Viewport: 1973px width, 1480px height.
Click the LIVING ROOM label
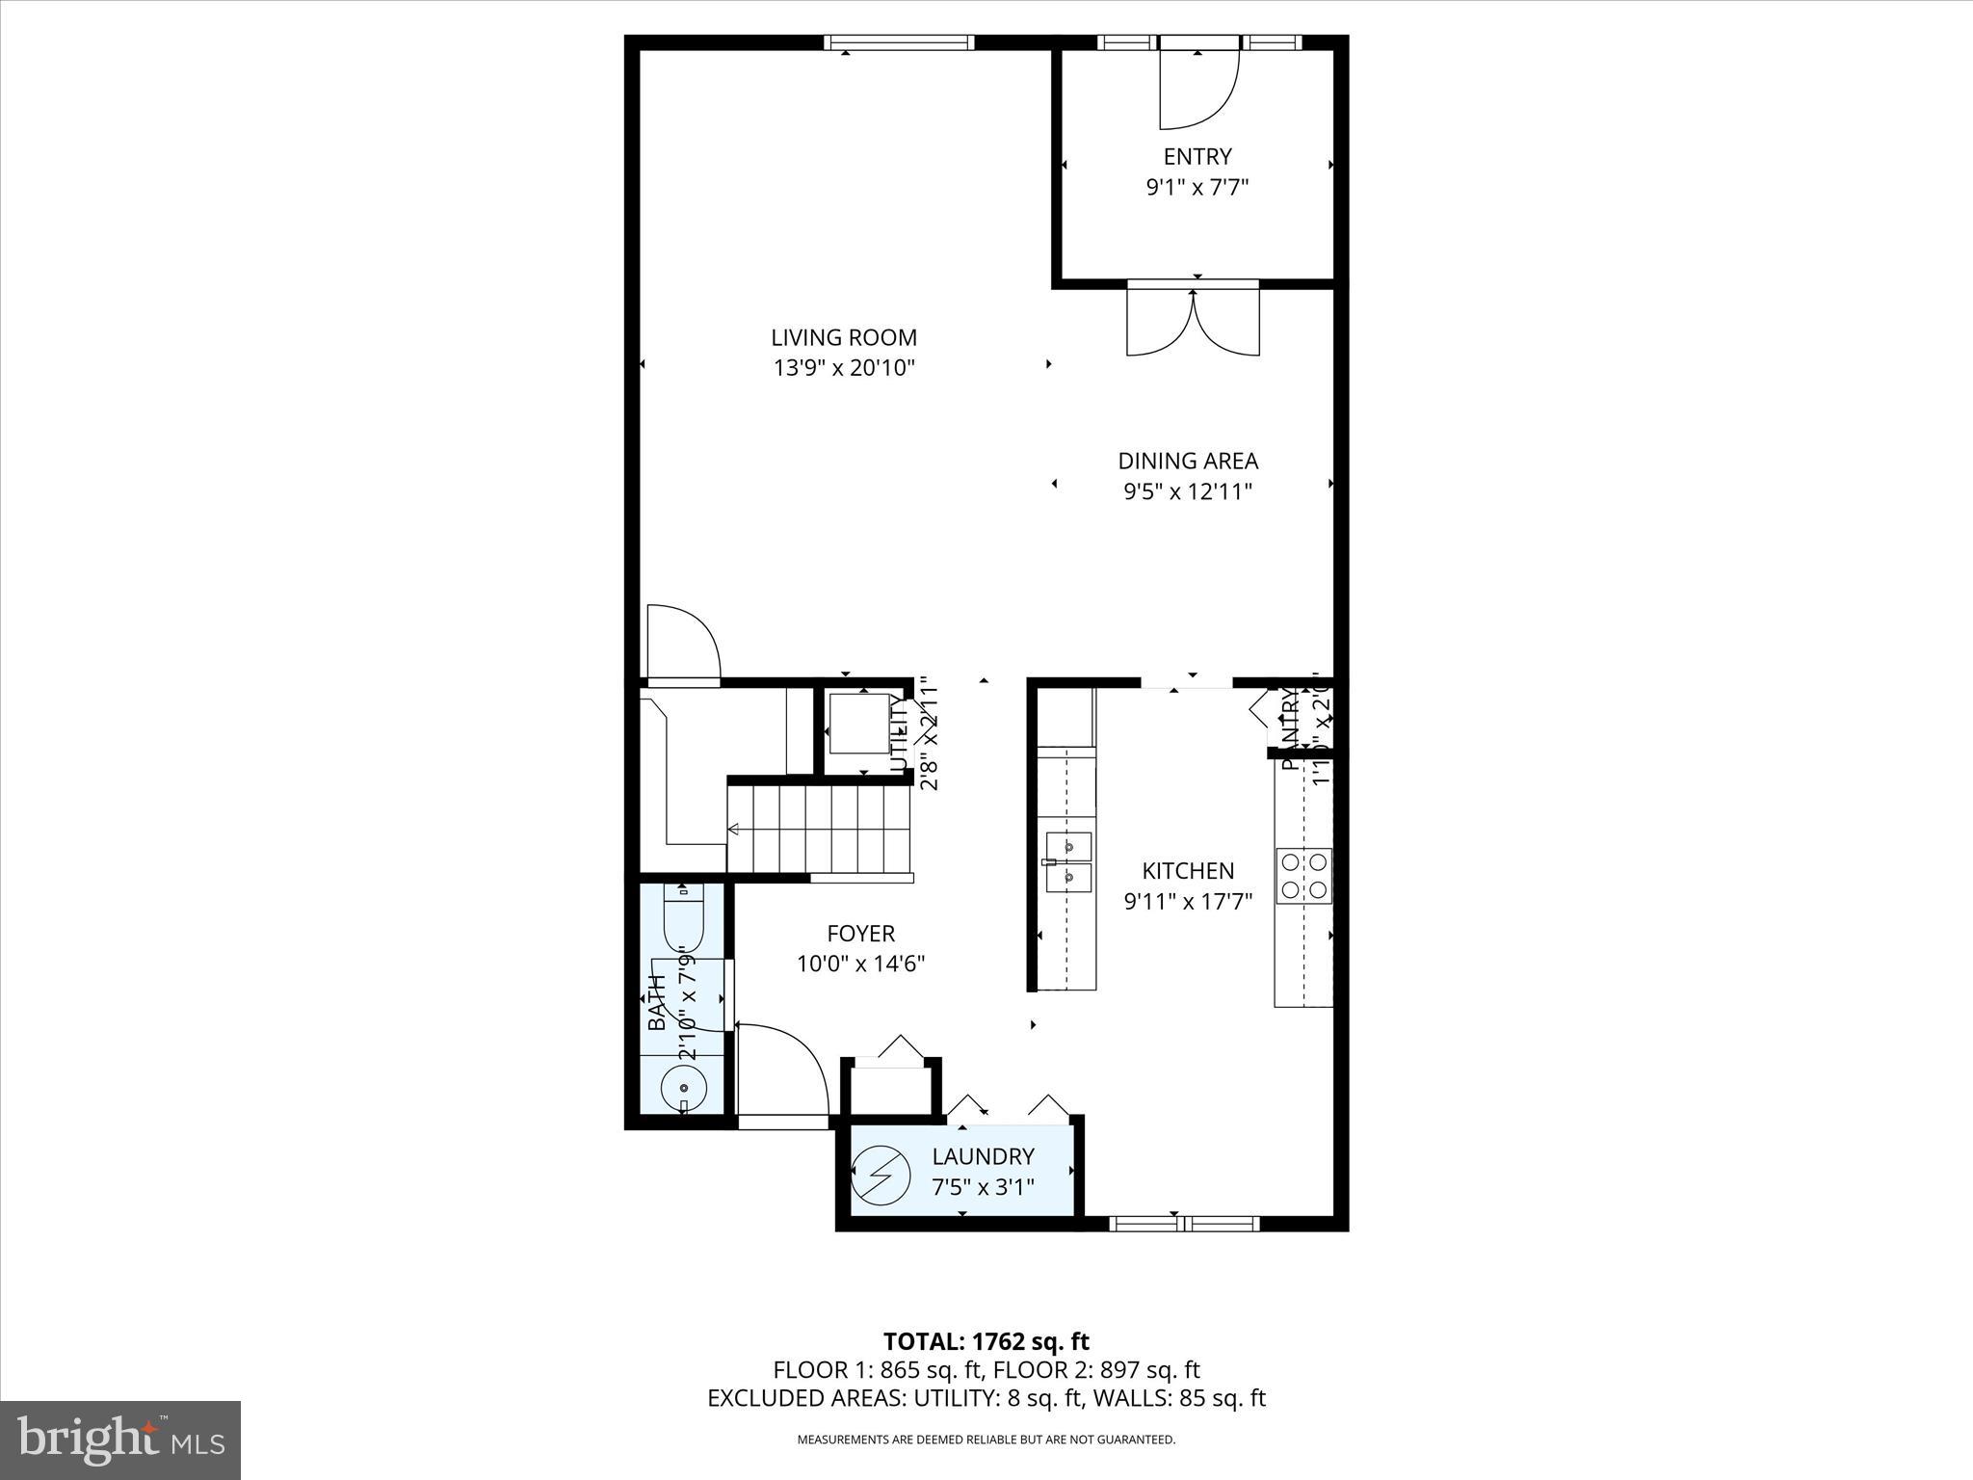tap(843, 337)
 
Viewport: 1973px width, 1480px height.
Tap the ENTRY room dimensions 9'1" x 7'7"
tap(1197, 187)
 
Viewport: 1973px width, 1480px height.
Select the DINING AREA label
tap(1187, 461)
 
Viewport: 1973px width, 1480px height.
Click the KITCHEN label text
tap(1187, 871)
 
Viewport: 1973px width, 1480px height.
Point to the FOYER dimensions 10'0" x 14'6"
tap(860, 964)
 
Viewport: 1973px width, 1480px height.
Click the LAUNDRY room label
tap(983, 1156)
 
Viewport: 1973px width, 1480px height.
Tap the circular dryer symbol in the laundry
tap(881, 1176)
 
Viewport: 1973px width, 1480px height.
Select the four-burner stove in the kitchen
tap(1303, 875)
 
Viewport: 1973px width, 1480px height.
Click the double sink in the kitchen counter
tap(1067, 862)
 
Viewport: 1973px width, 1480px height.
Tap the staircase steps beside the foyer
tap(819, 829)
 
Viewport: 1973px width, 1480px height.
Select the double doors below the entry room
tap(1193, 323)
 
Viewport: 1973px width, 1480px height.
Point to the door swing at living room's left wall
tap(682, 644)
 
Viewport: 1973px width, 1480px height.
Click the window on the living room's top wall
tap(899, 42)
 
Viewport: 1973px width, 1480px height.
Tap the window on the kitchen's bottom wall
tap(1184, 1224)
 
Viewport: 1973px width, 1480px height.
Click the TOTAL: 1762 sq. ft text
tap(986, 1341)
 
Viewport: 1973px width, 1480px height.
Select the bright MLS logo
tap(120, 1440)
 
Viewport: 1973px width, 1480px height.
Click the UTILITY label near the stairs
tap(898, 734)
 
